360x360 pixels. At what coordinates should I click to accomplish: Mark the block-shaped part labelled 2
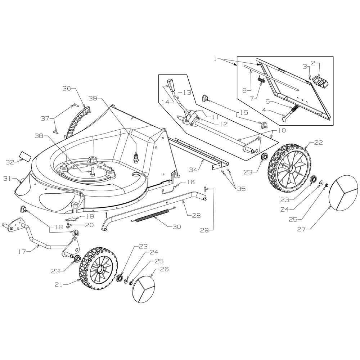click(x=320, y=81)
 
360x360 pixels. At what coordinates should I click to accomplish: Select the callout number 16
click(x=190, y=182)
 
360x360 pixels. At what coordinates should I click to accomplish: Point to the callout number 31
click(x=7, y=178)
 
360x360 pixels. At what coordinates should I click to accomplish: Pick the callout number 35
click(x=241, y=189)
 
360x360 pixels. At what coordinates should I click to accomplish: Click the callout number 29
click(x=204, y=230)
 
